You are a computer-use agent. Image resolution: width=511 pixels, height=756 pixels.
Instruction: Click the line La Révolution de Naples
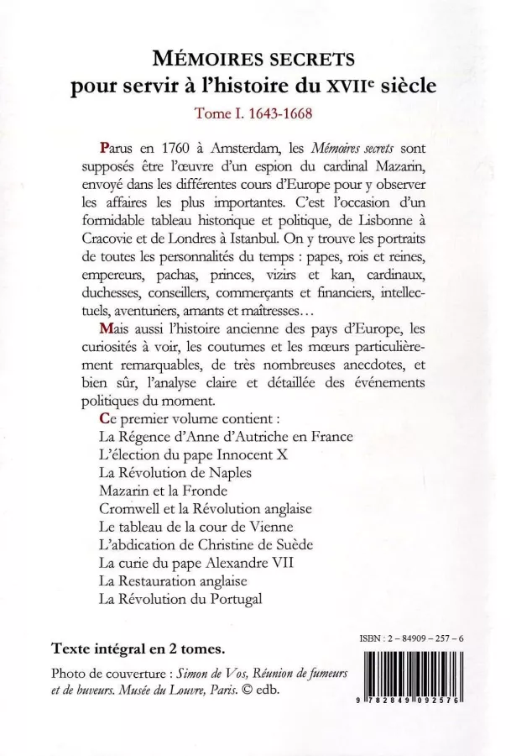click(x=175, y=472)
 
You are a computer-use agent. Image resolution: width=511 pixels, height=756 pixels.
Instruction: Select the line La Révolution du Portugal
click(x=180, y=599)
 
